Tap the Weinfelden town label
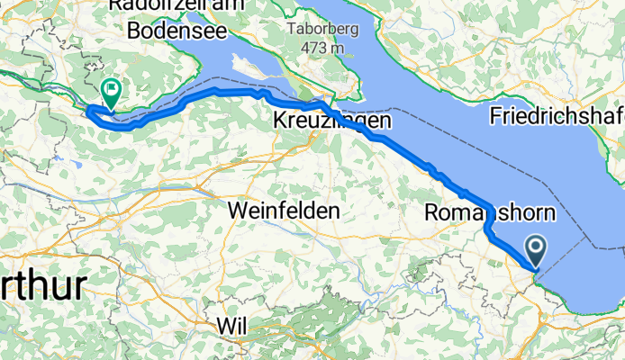tap(285, 210)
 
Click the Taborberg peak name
tap(315, 29)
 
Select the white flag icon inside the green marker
tap(112, 88)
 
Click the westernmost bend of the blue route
tap(87, 110)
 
